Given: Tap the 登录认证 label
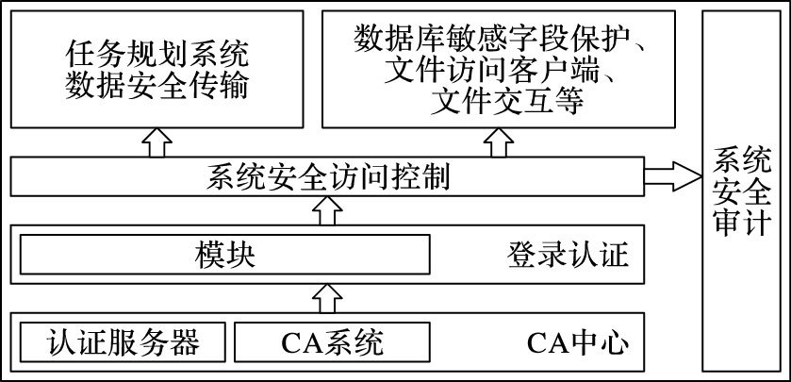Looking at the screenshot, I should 568,255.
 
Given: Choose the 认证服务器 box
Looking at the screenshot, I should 123,341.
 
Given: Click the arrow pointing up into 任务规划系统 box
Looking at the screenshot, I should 157,143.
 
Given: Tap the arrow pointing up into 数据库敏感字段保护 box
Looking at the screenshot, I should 498,143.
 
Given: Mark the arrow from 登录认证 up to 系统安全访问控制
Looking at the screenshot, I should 327,211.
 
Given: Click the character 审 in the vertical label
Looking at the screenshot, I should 737,224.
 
